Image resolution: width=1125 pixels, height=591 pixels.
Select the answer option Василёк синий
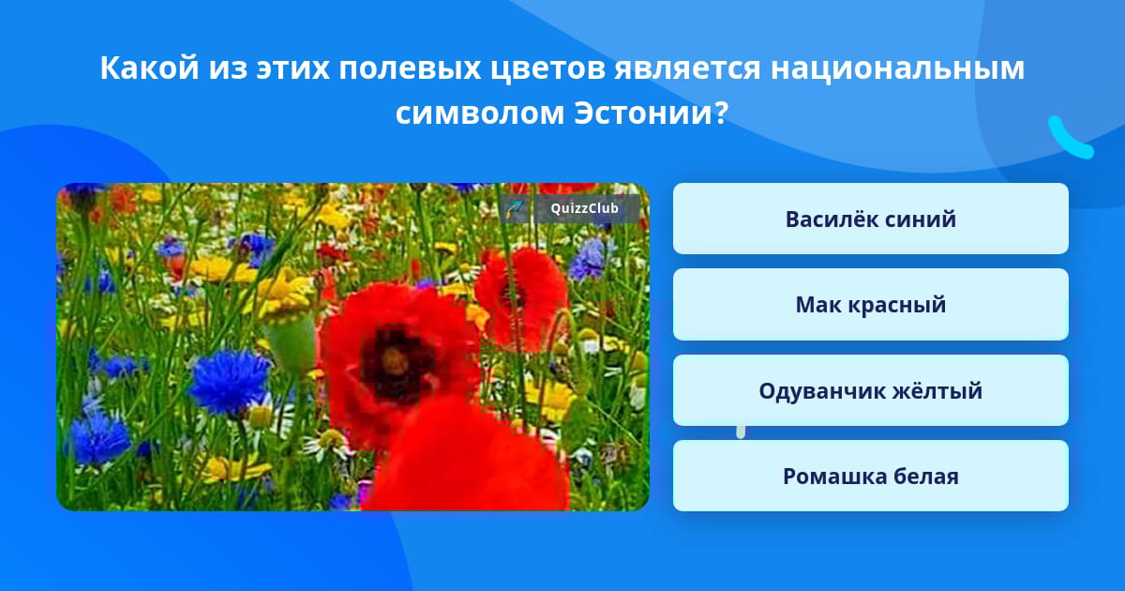(x=870, y=219)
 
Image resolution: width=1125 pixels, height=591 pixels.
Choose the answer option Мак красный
(x=870, y=305)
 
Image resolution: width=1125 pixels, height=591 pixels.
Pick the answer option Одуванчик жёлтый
(x=870, y=390)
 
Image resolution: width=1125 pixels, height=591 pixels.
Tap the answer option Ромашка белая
(x=870, y=476)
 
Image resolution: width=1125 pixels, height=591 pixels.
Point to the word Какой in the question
(x=149, y=68)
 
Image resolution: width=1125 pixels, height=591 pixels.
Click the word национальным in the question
(x=897, y=68)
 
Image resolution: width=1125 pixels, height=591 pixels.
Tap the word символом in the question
(x=480, y=114)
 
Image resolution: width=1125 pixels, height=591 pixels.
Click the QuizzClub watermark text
(x=584, y=208)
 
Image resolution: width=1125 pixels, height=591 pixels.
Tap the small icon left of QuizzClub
(x=514, y=208)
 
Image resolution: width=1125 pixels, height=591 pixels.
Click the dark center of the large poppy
(x=395, y=363)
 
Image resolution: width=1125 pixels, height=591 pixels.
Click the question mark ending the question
(x=720, y=113)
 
